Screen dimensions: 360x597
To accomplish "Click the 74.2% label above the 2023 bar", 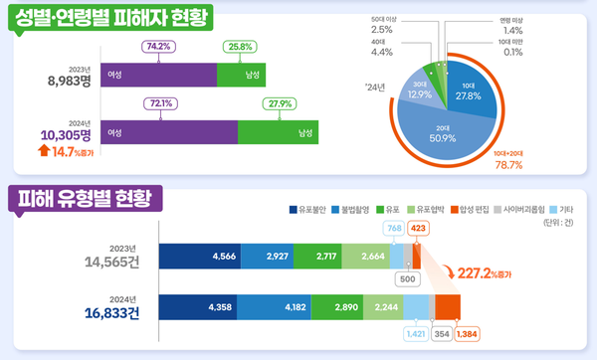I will point(159,47).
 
